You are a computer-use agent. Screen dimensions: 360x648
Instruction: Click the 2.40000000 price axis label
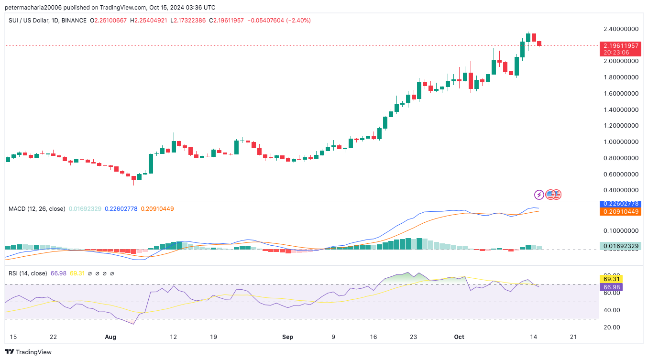point(621,29)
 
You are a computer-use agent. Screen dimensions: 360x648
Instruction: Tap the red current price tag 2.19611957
point(620,46)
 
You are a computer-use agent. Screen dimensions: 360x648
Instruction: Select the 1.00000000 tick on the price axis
point(621,142)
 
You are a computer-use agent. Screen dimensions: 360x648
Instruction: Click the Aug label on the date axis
point(110,337)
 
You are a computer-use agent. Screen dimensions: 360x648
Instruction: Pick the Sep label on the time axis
point(287,337)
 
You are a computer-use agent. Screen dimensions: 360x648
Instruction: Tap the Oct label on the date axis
point(459,337)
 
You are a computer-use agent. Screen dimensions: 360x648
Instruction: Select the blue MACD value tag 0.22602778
point(620,204)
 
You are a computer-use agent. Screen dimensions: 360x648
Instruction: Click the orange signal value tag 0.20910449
point(620,211)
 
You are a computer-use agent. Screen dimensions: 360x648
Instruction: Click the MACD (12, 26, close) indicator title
point(37,208)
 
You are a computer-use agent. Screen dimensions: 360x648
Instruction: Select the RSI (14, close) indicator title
point(28,273)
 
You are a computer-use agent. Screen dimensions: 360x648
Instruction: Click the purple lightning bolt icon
point(539,195)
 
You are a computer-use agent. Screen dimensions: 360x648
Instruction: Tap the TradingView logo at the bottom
point(29,352)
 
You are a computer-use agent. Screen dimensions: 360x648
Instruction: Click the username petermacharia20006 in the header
point(35,8)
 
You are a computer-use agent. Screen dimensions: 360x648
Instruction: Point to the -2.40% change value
point(298,21)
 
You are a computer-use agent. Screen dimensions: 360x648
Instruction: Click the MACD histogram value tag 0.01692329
point(620,246)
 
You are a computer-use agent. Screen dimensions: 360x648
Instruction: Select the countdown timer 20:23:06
point(616,53)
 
